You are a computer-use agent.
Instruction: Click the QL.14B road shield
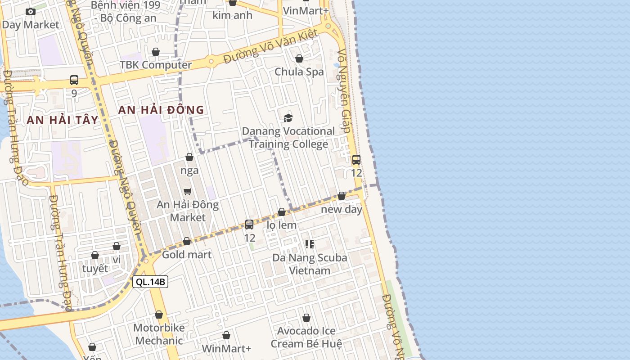150,282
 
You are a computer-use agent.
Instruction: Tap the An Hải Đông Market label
188,211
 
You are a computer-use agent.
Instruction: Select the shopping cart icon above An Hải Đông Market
188,192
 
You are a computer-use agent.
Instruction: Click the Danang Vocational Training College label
288,138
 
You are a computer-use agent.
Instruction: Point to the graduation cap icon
288,118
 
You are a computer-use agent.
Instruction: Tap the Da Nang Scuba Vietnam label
310,264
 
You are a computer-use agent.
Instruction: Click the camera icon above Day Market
31,12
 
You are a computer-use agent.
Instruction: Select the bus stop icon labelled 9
74,80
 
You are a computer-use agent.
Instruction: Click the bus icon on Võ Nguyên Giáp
356,160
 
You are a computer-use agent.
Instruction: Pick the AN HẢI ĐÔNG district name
161,110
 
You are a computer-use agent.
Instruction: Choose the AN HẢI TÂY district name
62,120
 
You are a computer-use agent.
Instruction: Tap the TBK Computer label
156,65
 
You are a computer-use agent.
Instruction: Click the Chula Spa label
299,72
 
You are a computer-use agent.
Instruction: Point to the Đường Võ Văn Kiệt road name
271,47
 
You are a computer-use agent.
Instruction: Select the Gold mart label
186,254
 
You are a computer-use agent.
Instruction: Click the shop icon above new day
342,196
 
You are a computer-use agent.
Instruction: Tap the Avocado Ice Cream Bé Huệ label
306,337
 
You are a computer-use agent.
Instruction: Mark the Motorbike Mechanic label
159,334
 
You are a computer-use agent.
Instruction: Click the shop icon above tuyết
95,256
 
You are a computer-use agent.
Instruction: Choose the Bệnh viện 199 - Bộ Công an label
125,12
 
